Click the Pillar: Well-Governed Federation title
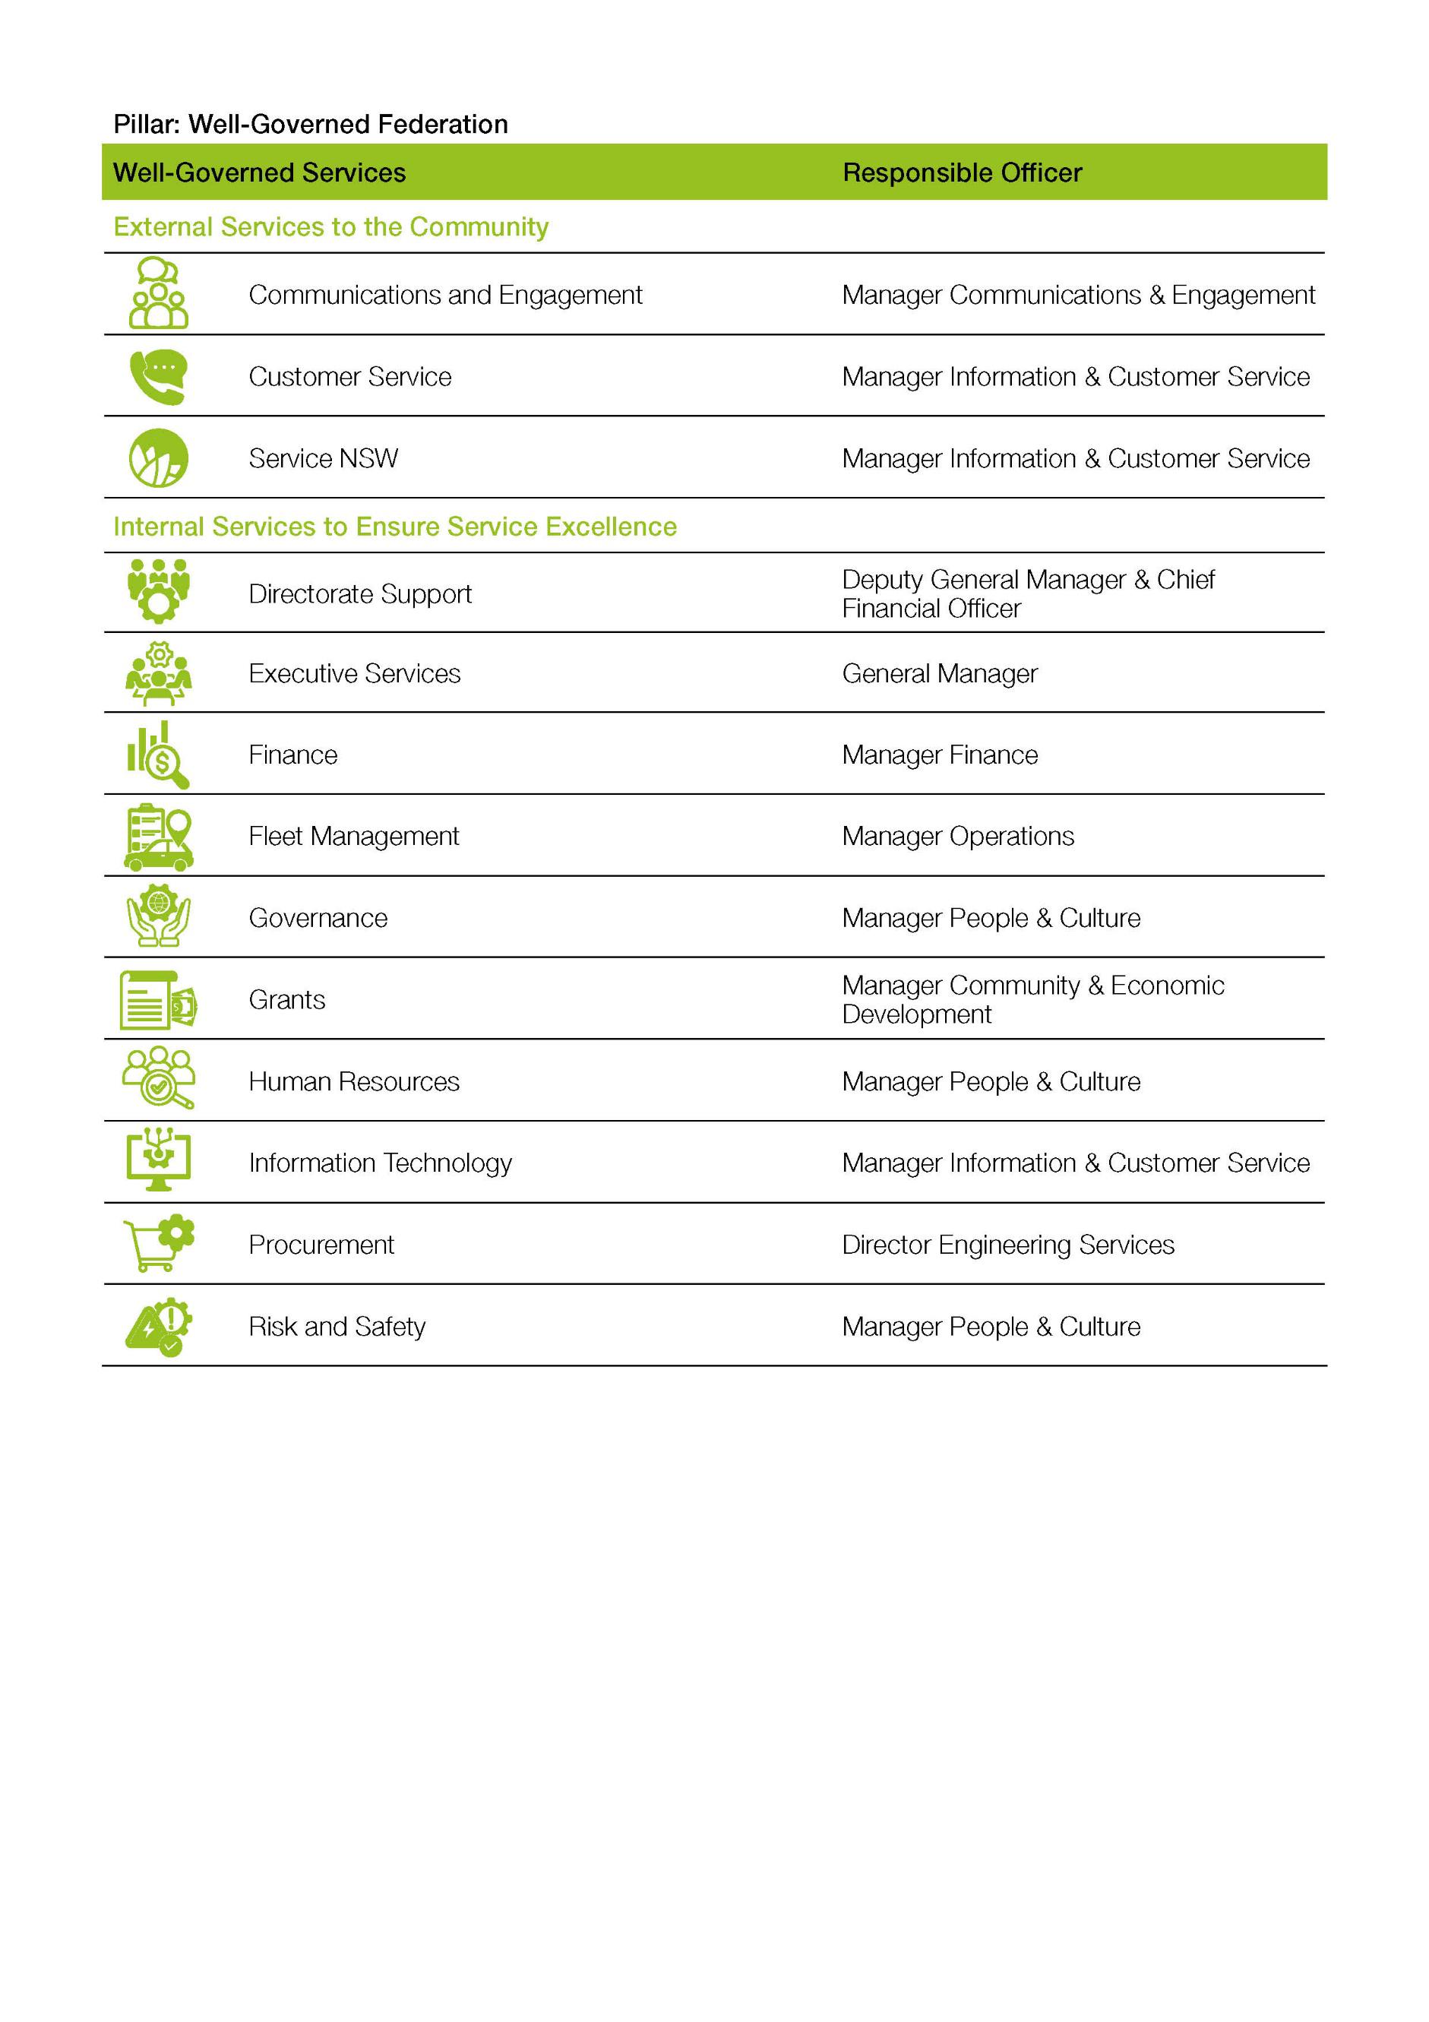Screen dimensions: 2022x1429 310,124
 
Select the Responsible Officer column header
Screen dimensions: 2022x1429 962,172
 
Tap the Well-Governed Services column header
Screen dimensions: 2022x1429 259,172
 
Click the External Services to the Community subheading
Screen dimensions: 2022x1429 330,227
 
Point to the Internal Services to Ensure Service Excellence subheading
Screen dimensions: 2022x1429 394,527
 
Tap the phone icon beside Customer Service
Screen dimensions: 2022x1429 159,377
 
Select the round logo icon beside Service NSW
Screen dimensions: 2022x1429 159,458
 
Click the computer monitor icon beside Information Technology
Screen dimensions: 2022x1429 159,1161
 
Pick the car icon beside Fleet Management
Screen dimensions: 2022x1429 159,837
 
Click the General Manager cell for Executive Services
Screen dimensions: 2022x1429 940,674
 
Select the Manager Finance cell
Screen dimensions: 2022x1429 940,755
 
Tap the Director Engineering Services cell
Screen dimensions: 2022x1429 1007,1245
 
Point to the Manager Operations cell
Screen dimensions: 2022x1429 957,836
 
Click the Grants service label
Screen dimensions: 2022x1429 287,999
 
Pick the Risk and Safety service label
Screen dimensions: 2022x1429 337,1326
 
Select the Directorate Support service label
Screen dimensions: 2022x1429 360,593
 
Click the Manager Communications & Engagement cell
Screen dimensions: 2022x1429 1078,295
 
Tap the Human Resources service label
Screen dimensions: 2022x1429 354,1081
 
